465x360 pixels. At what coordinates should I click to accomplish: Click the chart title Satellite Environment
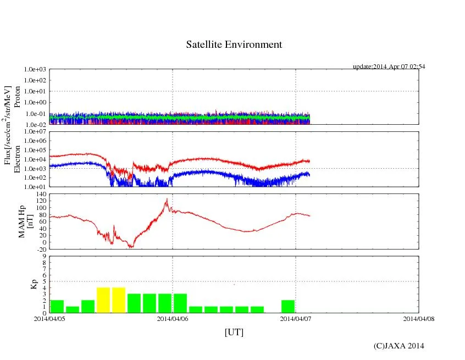coord(234,45)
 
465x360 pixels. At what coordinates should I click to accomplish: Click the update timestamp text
coord(389,67)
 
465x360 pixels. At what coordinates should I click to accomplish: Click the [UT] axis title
coord(234,333)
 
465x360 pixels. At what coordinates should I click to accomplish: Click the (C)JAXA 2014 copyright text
coord(398,346)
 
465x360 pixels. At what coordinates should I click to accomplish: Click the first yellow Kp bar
coord(103,300)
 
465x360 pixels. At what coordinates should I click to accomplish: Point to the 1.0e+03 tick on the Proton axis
coord(34,70)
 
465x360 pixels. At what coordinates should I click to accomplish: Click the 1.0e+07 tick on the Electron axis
coord(34,132)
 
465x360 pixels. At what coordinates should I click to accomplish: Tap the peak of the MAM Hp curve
coord(167,199)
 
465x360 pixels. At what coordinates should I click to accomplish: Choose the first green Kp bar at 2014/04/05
coord(57,306)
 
